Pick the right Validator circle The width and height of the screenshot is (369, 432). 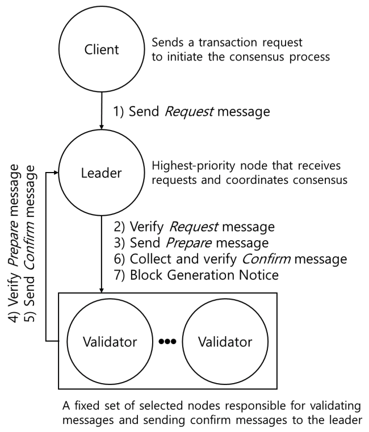(x=225, y=342)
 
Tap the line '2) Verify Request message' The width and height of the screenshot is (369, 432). (x=194, y=227)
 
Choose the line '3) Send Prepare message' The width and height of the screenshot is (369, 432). (x=192, y=244)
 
